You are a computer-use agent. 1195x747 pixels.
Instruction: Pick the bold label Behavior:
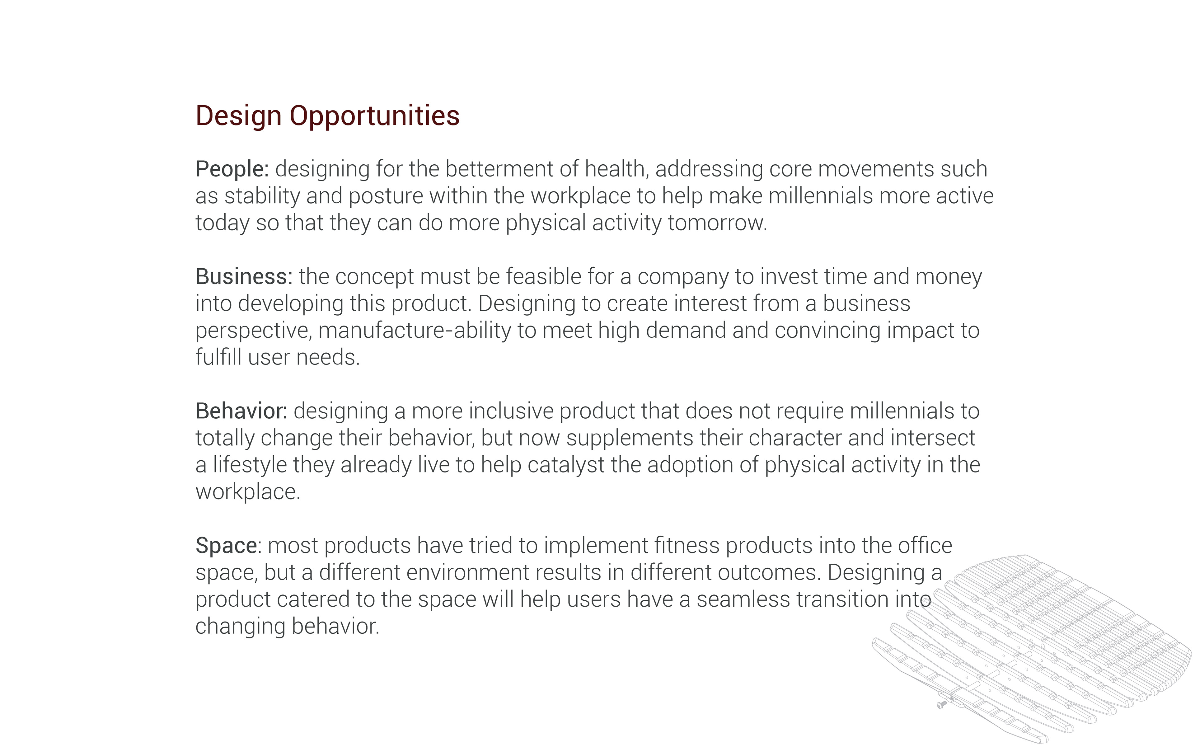pyautogui.click(x=241, y=411)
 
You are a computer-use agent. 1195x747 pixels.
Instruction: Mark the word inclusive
pyautogui.click(x=511, y=411)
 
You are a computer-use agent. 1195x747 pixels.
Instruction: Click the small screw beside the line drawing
pyautogui.click(x=941, y=704)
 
